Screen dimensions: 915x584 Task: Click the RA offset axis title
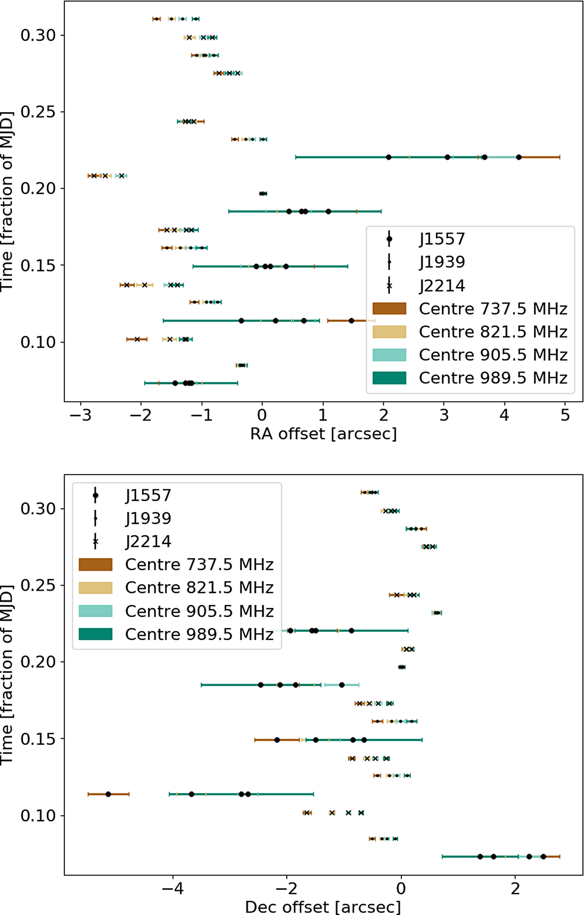tap(323, 434)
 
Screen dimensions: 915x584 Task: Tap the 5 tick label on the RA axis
tap(565, 415)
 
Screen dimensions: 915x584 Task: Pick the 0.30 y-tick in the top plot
tap(38, 35)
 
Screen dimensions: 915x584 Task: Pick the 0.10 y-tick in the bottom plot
tap(38, 815)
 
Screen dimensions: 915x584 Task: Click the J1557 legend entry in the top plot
tap(442, 239)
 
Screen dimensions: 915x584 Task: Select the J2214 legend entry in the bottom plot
tap(148, 541)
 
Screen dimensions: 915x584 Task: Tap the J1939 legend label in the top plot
tap(442, 262)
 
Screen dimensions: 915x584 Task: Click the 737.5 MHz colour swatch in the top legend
tap(389, 309)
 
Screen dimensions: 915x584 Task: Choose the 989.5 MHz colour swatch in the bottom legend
tap(96, 634)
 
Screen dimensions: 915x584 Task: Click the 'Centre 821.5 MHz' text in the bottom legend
tap(199, 588)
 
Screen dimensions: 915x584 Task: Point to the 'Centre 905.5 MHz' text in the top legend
tap(493, 355)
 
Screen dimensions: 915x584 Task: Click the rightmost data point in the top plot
tap(519, 157)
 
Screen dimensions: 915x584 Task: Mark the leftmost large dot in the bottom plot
tap(108, 794)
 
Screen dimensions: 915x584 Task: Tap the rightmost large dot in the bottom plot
tap(543, 856)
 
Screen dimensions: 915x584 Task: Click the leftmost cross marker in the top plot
tap(94, 176)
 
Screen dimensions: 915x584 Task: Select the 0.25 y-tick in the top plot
tap(38, 112)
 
